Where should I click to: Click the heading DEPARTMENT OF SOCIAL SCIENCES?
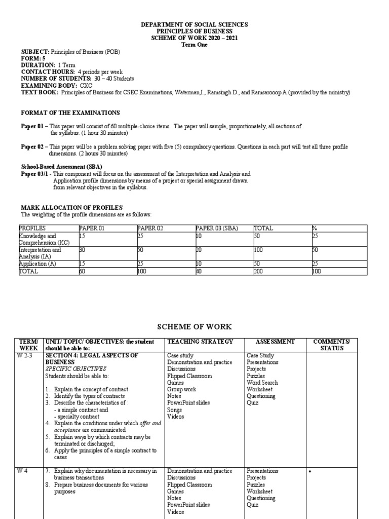[x=194, y=24]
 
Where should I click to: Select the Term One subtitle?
[x=194, y=45]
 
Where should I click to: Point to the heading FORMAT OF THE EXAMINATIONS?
[x=70, y=113]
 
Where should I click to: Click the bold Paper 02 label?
[x=32, y=147]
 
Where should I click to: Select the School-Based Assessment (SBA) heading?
[x=61, y=167]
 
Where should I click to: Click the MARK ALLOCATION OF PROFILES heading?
[x=71, y=208]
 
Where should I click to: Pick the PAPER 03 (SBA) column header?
[x=217, y=229]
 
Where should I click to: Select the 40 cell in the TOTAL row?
[x=199, y=271]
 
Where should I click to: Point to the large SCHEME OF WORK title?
[x=194, y=327]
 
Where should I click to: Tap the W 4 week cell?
[x=25, y=471]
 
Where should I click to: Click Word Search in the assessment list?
[x=262, y=383]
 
